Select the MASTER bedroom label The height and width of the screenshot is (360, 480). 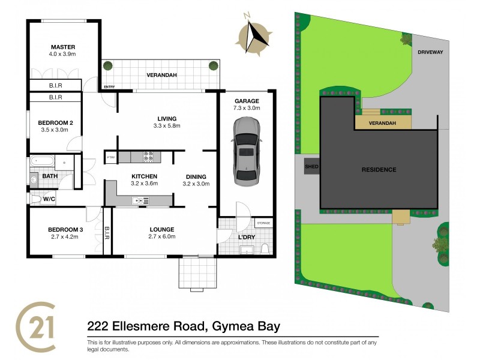(x=62, y=47)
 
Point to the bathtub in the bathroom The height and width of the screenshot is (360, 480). (x=41, y=161)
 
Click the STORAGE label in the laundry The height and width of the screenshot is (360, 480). (x=263, y=223)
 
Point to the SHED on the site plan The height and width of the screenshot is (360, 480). (x=311, y=166)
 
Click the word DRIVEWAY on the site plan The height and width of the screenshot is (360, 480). (x=430, y=52)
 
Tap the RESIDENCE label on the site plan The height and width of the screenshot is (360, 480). (x=379, y=170)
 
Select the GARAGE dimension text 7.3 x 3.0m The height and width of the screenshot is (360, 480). (x=247, y=109)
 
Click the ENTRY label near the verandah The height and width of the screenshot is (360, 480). (x=109, y=87)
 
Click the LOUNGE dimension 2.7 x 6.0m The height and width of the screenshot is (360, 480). (x=162, y=237)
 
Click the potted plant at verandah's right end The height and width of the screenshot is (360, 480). (x=211, y=66)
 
